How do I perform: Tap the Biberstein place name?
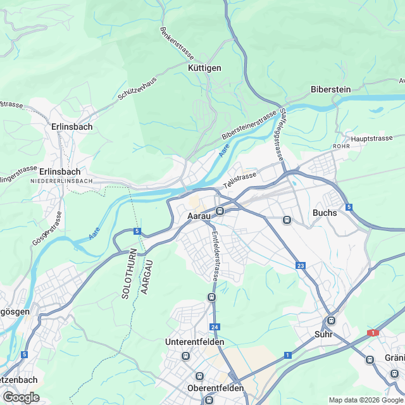[330, 89]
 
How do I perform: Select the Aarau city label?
[199, 216]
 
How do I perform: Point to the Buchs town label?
[325, 213]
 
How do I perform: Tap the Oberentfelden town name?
[215, 388]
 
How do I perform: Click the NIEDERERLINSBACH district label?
[61, 182]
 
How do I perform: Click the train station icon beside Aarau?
[220, 211]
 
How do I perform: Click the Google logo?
[21, 397]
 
